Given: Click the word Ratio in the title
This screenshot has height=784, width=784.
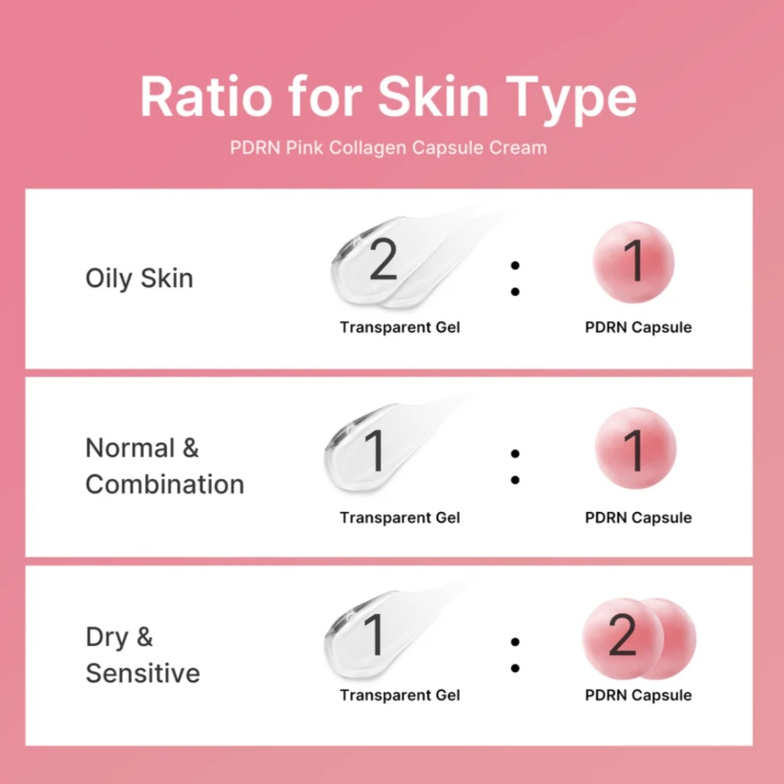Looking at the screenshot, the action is pyautogui.click(x=206, y=95).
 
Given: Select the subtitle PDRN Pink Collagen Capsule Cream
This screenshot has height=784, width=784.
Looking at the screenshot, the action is pyautogui.click(x=388, y=148).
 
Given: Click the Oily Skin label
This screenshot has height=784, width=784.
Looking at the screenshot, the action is pyautogui.click(x=140, y=278).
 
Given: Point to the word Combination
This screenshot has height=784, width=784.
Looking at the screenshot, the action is pyautogui.click(x=165, y=484).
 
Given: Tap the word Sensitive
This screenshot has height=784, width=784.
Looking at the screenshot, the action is pyautogui.click(x=143, y=673).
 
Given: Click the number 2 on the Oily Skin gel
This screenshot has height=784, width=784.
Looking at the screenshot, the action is pyautogui.click(x=384, y=259).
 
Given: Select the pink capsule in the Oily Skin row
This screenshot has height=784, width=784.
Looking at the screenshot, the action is pyautogui.click(x=634, y=262).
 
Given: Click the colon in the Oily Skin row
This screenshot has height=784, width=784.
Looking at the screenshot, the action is pyautogui.click(x=515, y=278).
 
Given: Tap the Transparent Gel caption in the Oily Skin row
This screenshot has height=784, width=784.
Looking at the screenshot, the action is pyautogui.click(x=400, y=327).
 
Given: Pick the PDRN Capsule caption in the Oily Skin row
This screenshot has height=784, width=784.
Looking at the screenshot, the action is pyautogui.click(x=638, y=327).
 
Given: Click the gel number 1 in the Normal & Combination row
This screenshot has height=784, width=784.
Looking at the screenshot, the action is pyautogui.click(x=375, y=451).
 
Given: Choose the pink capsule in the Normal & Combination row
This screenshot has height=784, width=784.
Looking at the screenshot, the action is pyautogui.click(x=635, y=448).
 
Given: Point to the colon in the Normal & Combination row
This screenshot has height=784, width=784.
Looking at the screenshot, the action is pyautogui.click(x=515, y=467).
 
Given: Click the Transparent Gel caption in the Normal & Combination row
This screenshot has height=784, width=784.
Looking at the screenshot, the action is pyautogui.click(x=400, y=518).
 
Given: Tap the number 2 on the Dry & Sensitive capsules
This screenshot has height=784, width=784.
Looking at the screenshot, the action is pyautogui.click(x=622, y=635).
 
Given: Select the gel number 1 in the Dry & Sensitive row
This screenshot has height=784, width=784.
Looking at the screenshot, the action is pyautogui.click(x=375, y=635).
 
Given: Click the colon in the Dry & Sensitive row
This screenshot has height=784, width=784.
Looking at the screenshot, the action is pyautogui.click(x=515, y=655).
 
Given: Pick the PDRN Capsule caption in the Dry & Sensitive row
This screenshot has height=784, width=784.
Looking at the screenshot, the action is pyautogui.click(x=638, y=696).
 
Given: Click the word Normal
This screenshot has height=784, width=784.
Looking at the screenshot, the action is pyautogui.click(x=130, y=448).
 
